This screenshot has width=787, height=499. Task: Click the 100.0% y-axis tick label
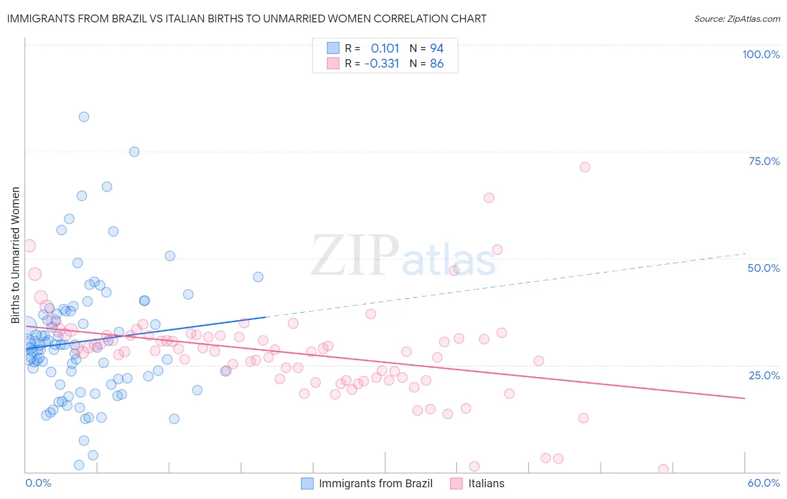pos(761,54)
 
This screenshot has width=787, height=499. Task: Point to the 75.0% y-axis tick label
pos(764,161)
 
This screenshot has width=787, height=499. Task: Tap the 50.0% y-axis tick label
pos(763,268)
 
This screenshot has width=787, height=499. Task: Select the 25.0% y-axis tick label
pos(764,375)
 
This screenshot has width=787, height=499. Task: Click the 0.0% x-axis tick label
pos(38,483)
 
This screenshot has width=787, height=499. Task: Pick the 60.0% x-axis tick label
pos(763,483)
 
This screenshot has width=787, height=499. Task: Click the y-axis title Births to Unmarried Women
pos(15,255)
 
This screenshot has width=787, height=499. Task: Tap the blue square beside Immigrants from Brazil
pos(307,483)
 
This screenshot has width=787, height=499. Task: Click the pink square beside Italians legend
pos(457,483)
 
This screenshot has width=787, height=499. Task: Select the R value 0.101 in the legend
pos(385,48)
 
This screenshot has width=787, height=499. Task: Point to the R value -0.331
pos(382,64)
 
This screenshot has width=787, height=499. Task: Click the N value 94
pos(437,48)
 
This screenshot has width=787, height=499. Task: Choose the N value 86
pos(437,64)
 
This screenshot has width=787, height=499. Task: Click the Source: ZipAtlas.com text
pos(737,18)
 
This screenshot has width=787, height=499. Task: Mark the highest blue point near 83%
pos(84,117)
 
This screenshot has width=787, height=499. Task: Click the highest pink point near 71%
pos(585,167)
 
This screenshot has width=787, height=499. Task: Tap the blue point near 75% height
pos(134,152)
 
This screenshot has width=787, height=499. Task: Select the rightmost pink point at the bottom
pos(663,469)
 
